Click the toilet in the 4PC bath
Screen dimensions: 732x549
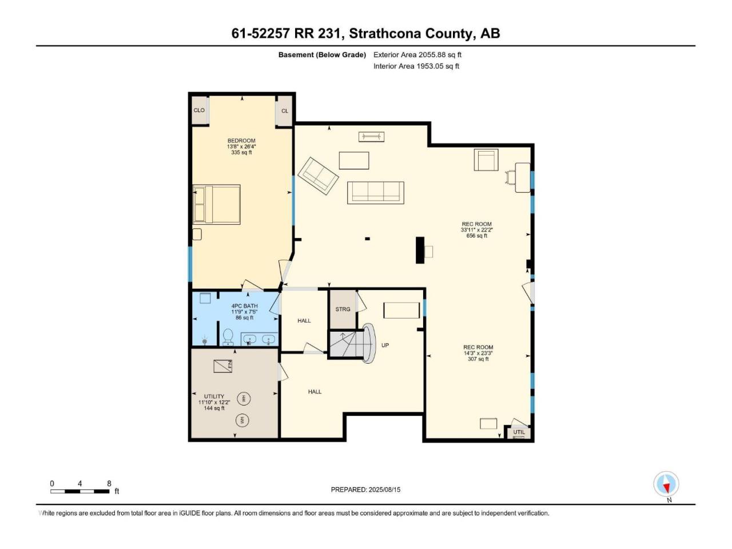[x=228, y=336]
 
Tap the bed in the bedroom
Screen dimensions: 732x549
[x=216, y=204]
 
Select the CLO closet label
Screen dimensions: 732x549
[x=199, y=110]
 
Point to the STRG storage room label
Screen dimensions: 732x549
[x=343, y=309]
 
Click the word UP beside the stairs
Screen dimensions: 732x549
[x=385, y=345]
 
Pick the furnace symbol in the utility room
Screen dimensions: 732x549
[x=223, y=366]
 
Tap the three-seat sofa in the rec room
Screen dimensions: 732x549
[x=376, y=193]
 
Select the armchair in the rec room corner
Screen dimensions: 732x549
[x=486, y=160]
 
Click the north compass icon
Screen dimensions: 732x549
[x=666, y=484]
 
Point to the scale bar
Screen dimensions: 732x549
[x=80, y=491]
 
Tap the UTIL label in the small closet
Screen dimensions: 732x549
[x=519, y=432]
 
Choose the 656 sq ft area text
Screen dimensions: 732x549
[x=476, y=236]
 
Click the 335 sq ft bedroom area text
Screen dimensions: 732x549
[x=241, y=152]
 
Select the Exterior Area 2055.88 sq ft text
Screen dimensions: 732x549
[x=417, y=55]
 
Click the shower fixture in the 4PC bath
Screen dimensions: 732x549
[x=205, y=341]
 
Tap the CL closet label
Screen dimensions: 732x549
[x=284, y=111]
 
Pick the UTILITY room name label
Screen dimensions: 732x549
[x=214, y=396]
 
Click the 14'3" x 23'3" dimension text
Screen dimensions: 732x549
[x=478, y=353]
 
